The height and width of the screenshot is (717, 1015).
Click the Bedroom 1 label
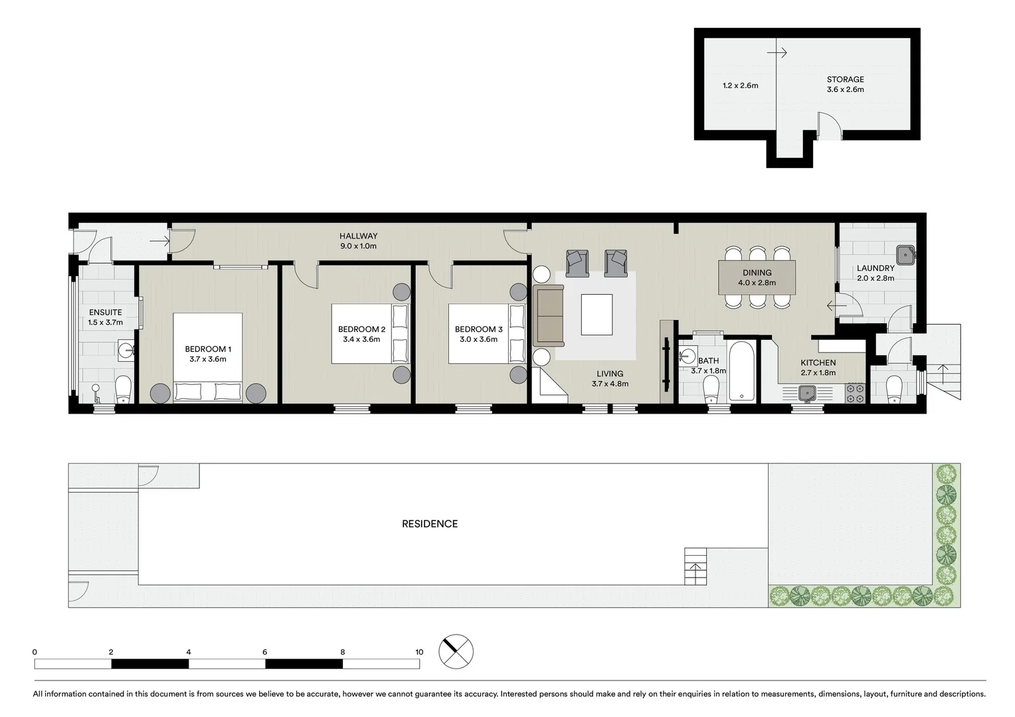click(207, 349)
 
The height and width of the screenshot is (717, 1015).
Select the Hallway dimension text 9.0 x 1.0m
click(358, 246)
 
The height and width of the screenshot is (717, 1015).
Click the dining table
click(757, 278)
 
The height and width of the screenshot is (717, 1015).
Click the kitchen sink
click(807, 394)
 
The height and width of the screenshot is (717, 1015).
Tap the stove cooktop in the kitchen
click(856, 394)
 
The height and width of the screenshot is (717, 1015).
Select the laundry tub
click(905, 254)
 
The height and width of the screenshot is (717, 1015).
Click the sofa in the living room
click(548, 315)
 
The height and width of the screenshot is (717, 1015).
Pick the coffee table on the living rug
click(597, 315)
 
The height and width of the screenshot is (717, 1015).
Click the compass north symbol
click(456, 651)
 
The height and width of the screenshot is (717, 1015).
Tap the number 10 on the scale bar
click(419, 652)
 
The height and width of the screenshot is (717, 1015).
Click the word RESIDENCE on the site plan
click(430, 524)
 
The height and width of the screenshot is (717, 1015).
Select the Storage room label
click(845, 79)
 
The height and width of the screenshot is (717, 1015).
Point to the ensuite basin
click(126, 349)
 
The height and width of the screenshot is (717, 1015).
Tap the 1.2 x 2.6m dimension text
click(740, 86)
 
